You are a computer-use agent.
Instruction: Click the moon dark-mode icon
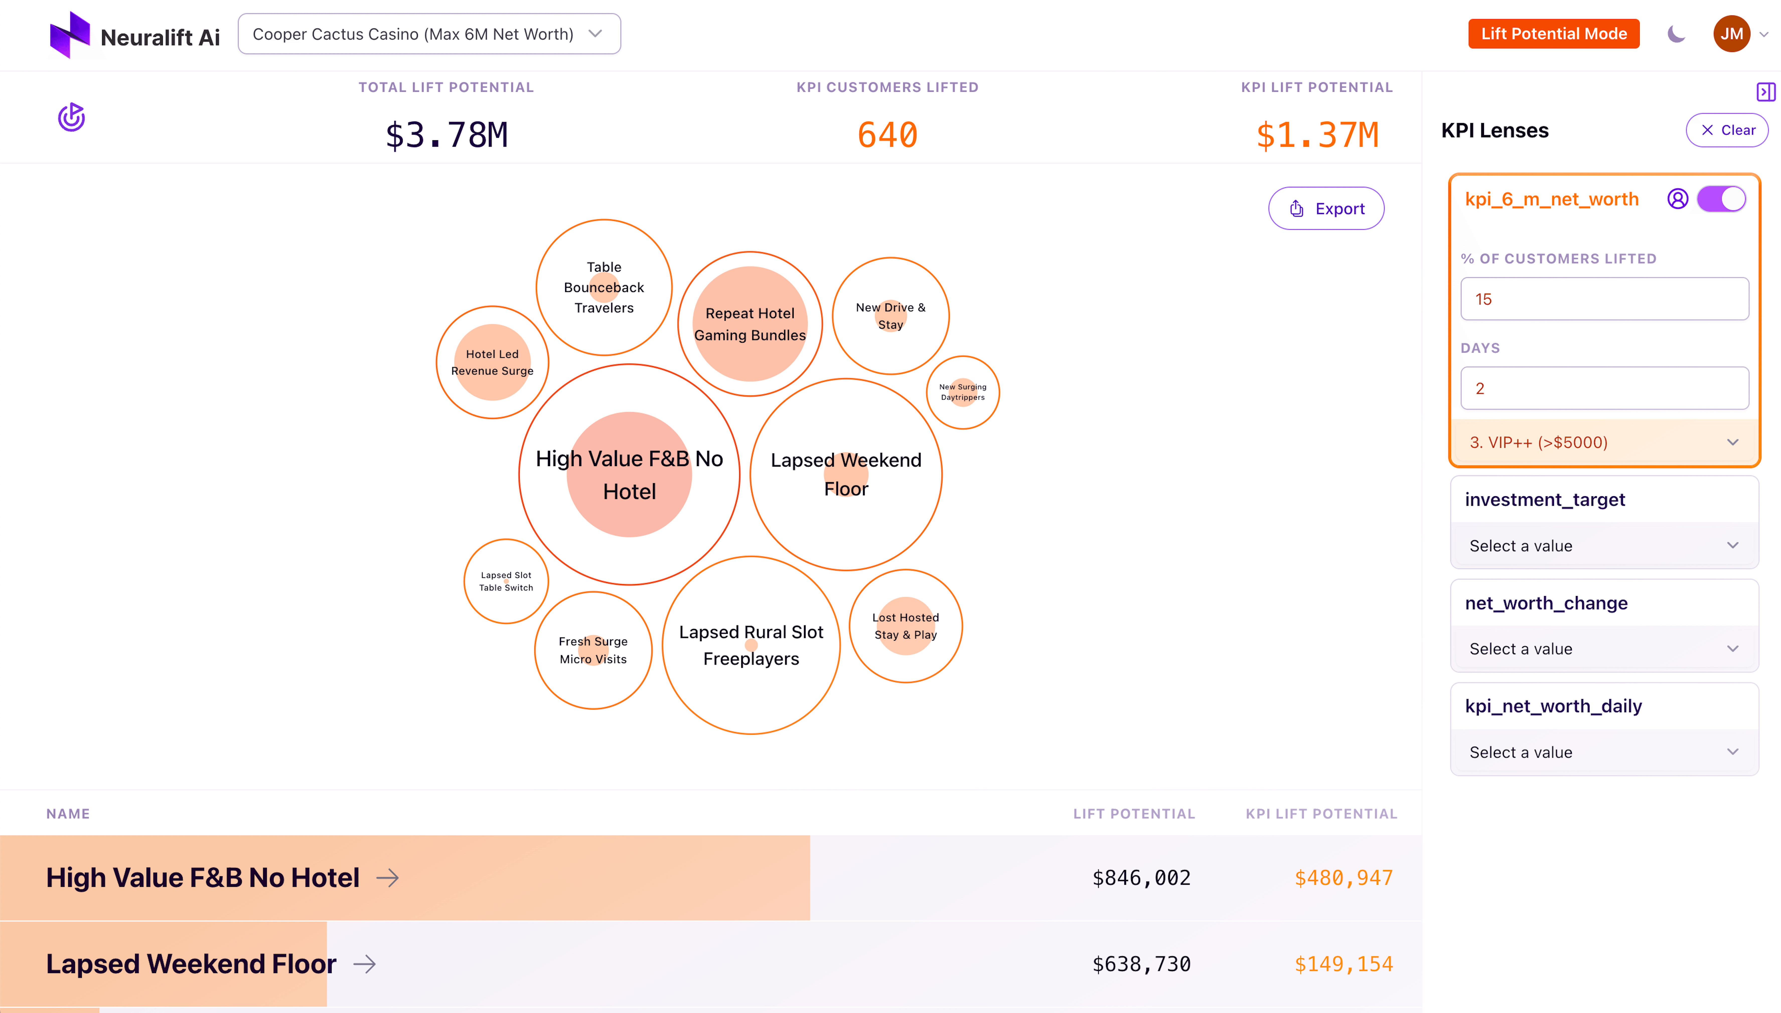coord(1676,34)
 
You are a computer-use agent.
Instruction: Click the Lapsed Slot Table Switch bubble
coord(506,581)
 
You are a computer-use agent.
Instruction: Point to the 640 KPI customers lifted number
coord(887,135)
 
